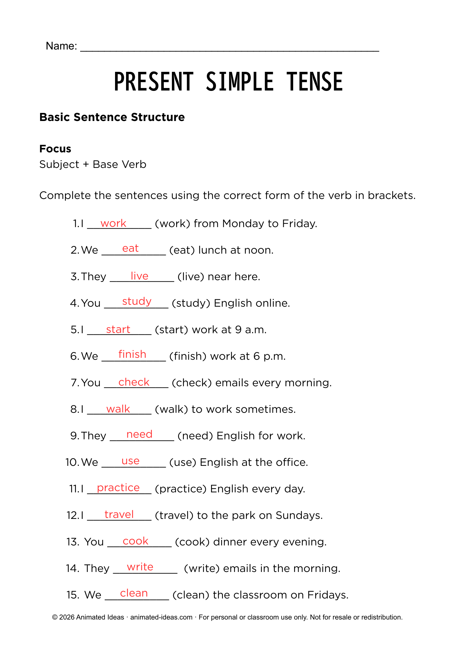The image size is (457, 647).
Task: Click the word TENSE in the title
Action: [314, 82]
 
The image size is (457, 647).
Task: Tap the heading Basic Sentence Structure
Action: [112, 117]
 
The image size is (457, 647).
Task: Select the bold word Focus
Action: [55, 149]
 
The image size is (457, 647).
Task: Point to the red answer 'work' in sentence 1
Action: [113, 223]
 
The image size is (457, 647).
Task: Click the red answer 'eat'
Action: [130, 248]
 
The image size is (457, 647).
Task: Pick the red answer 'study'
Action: [137, 302]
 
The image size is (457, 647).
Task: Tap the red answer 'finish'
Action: [132, 354]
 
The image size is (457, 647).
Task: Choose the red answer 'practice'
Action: [118, 488]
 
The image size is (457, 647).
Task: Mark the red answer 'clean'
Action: [134, 593]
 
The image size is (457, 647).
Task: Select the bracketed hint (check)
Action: [192, 383]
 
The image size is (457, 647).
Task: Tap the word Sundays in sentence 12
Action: [299, 515]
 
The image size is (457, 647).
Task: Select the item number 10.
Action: [72, 462]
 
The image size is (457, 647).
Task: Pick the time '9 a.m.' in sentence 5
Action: [251, 330]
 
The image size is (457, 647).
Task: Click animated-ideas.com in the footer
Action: [161, 617]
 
